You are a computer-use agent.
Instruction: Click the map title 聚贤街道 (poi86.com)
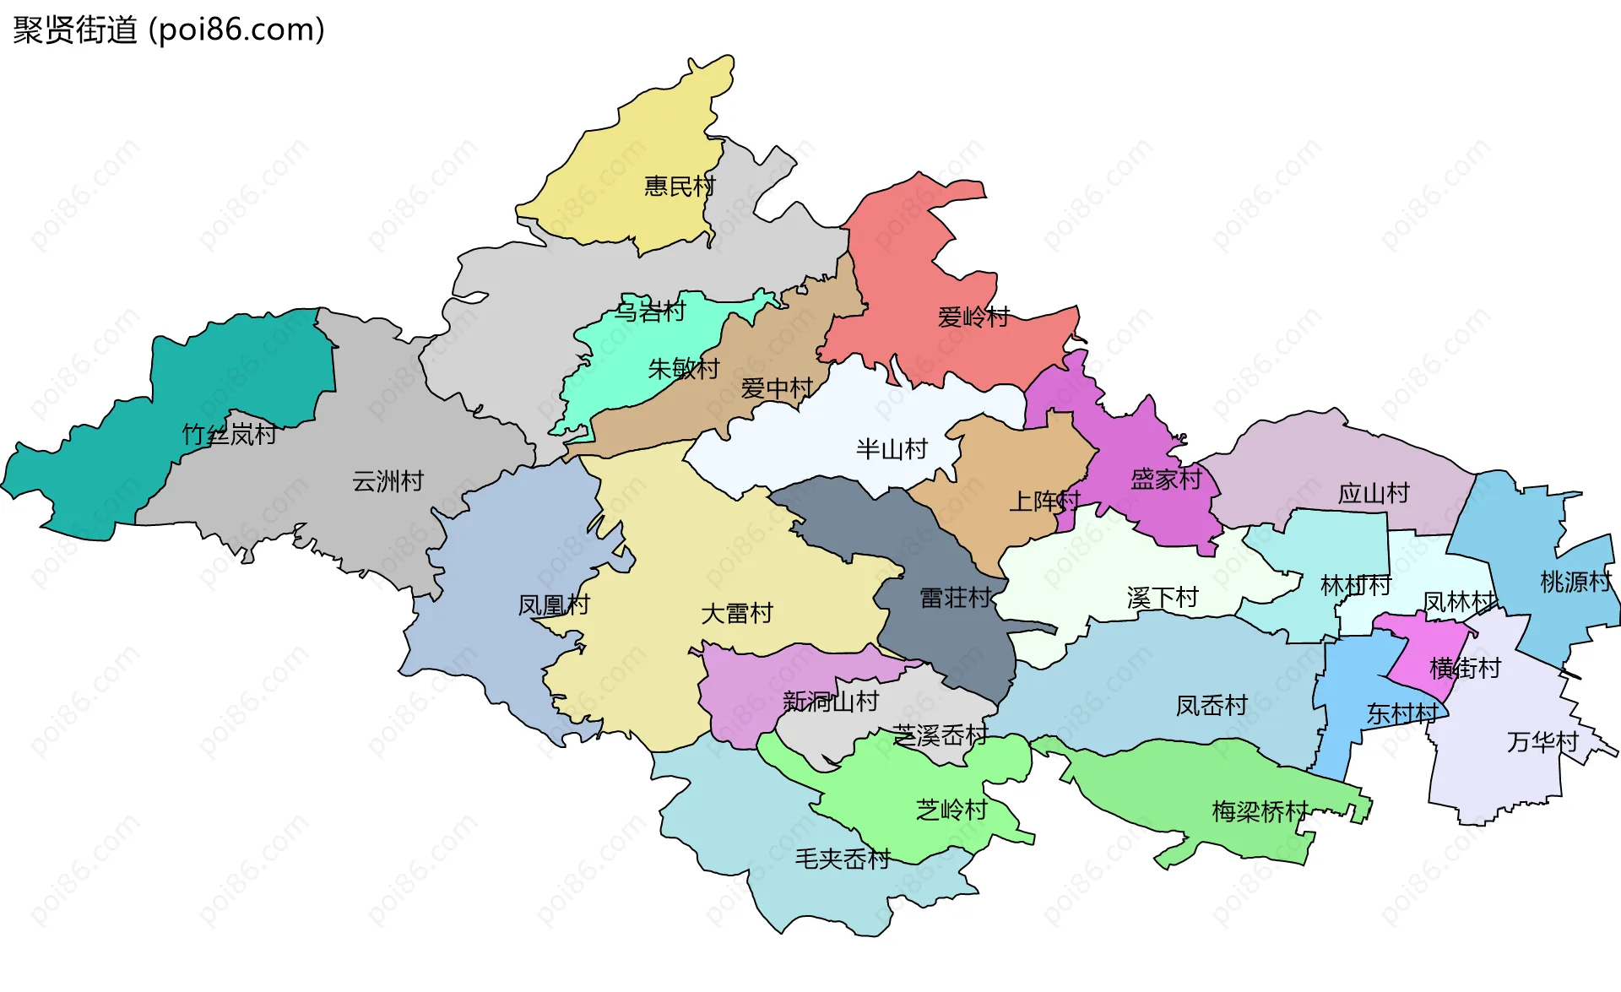169,30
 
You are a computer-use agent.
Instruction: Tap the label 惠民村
680,186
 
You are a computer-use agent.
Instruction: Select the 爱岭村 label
973,317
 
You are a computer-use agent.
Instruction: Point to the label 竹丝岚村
230,435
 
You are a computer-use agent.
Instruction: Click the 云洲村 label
388,481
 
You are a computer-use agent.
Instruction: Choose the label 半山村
892,449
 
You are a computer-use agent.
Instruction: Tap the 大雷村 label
737,614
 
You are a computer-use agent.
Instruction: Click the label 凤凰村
554,605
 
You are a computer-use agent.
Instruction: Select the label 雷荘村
956,599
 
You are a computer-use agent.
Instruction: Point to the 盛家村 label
1166,480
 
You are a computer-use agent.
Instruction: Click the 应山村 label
1374,493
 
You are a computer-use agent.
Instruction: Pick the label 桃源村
1575,582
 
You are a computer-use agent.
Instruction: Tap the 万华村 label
1542,742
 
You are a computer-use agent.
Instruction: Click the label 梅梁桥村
1260,812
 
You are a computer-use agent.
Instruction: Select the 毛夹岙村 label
843,859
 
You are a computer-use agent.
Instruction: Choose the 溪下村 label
1163,599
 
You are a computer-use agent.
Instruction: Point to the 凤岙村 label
1212,706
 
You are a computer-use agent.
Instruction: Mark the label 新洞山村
831,702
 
